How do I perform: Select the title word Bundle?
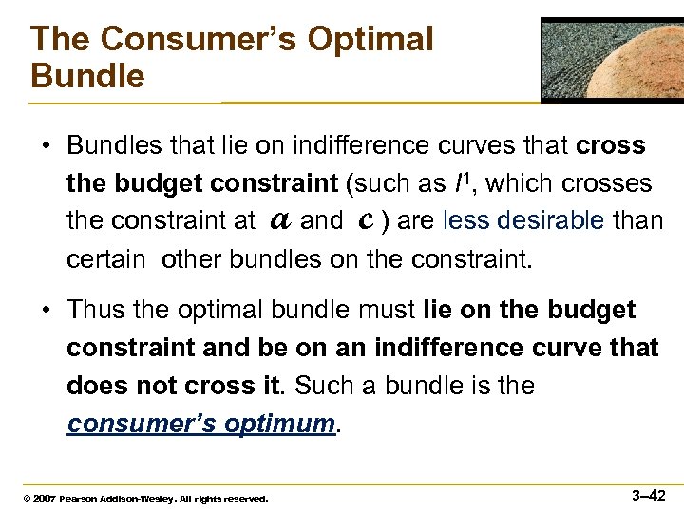point(86,76)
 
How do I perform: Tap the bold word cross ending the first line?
point(611,146)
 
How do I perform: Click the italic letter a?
point(279,220)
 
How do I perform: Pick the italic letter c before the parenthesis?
point(364,220)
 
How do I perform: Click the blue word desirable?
point(552,221)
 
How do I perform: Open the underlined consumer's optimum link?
point(201,425)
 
